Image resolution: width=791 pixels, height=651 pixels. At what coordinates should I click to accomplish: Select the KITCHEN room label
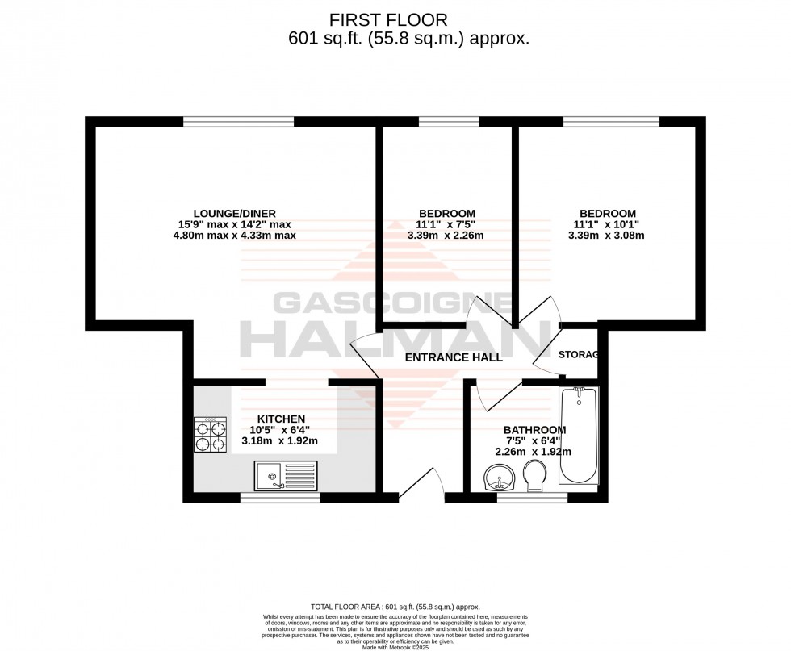pyautogui.click(x=281, y=419)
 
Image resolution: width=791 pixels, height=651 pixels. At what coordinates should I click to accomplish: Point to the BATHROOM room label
pyautogui.click(x=534, y=430)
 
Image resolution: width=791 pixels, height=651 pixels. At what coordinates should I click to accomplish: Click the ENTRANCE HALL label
pyautogui.click(x=454, y=357)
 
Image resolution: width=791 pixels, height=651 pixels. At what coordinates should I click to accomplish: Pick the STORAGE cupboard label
pyautogui.click(x=578, y=354)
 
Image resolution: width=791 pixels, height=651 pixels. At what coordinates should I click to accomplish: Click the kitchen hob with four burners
pyautogui.click(x=211, y=434)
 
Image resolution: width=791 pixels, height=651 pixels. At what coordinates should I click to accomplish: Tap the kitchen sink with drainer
pyautogui.click(x=287, y=475)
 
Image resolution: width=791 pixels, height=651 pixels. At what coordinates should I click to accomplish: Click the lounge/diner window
pyautogui.click(x=238, y=122)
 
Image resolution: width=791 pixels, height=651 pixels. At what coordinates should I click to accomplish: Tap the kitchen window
pyautogui.click(x=270, y=497)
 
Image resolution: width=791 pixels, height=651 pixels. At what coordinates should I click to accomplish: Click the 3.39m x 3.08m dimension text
pyautogui.click(x=607, y=236)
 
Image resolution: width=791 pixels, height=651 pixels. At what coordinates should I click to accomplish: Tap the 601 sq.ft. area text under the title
pyautogui.click(x=409, y=38)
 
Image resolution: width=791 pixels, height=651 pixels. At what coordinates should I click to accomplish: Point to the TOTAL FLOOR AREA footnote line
pyautogui.click(x=395, y=606)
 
